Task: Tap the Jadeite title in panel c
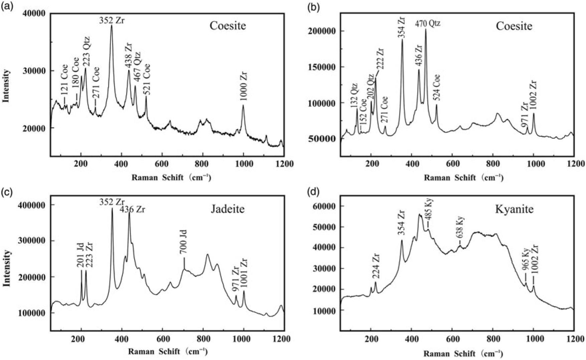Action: point(228,209)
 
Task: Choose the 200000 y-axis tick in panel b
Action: point(323,31)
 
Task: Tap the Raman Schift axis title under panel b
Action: point(463,178)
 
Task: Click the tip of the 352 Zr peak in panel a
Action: point(112,25)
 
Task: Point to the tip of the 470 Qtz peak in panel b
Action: point(425,29)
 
